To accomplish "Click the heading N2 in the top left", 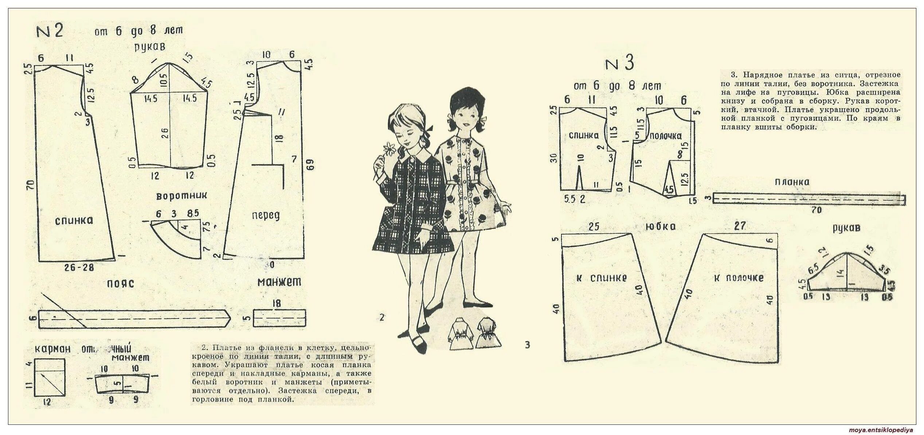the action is pos(50,31).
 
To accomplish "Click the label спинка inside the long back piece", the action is pos(74,221).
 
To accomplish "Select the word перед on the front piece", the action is pos(266,215).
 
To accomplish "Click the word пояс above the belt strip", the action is pos(120,283).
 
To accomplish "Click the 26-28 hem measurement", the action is pos(79,268).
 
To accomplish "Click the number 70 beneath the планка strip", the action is pos(817,210).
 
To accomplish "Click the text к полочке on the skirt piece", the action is pos(739,278).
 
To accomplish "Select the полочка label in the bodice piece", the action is pos(666,136).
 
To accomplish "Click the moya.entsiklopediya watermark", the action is pos(885,430).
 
